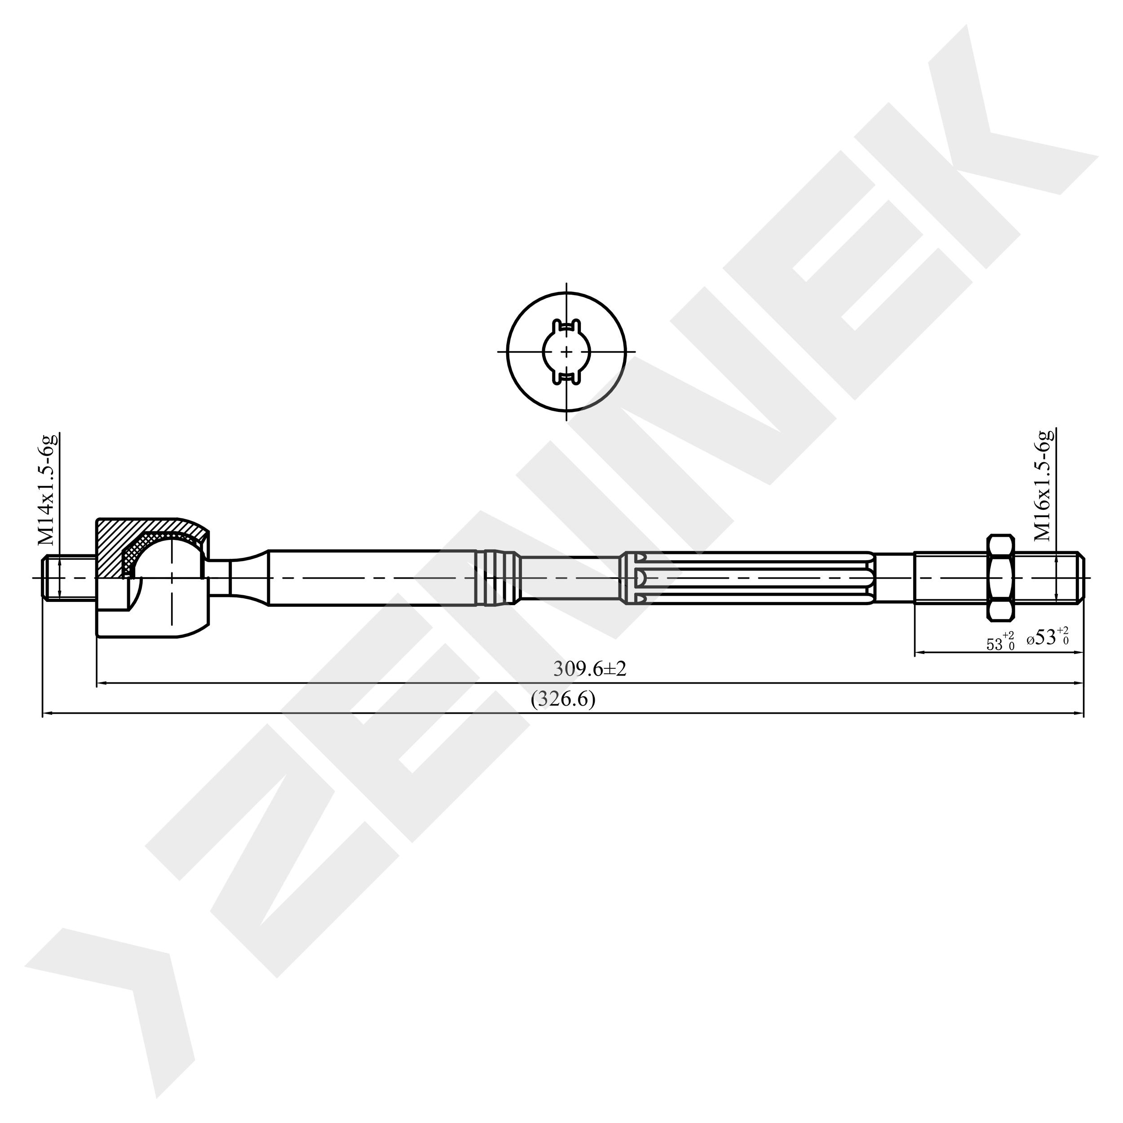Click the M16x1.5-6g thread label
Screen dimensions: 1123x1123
point(1044,485)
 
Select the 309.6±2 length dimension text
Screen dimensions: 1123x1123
point(589,669)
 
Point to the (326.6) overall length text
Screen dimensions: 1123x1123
point(563,699)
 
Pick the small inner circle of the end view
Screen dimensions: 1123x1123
point(567,352)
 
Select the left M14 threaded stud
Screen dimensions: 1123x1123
point(69,578)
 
